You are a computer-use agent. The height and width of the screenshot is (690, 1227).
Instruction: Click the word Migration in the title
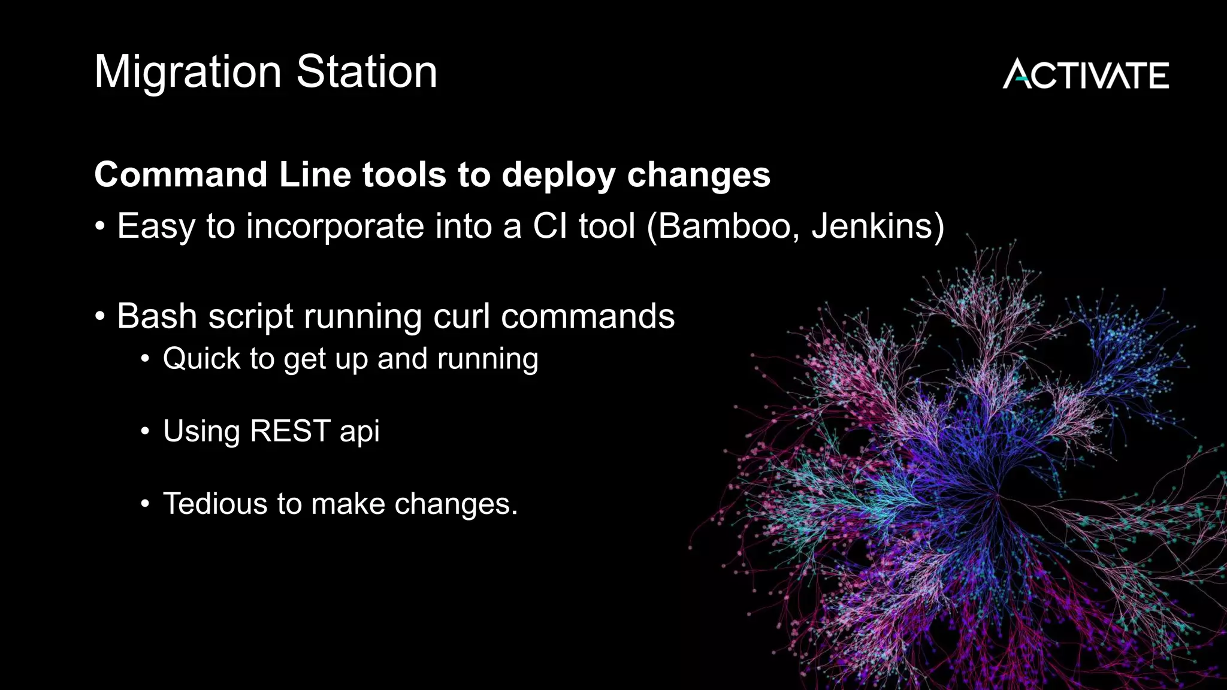(188, 72)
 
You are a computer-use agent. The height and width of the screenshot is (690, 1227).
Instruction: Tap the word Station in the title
(367, 71)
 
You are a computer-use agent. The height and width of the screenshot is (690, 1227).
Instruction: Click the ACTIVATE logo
(1086, 74)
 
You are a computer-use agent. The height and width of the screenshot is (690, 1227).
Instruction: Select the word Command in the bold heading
(180, 175)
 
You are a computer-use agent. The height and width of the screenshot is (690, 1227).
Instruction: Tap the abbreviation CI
(550, 226)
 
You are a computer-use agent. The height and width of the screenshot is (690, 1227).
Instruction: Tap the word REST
(290, 431)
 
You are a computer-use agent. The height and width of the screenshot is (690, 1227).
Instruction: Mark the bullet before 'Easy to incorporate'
(100, 227)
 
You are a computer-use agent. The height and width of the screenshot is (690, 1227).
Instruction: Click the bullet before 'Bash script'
(100, 316)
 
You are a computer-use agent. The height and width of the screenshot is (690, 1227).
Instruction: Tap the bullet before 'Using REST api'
(145, 431)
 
